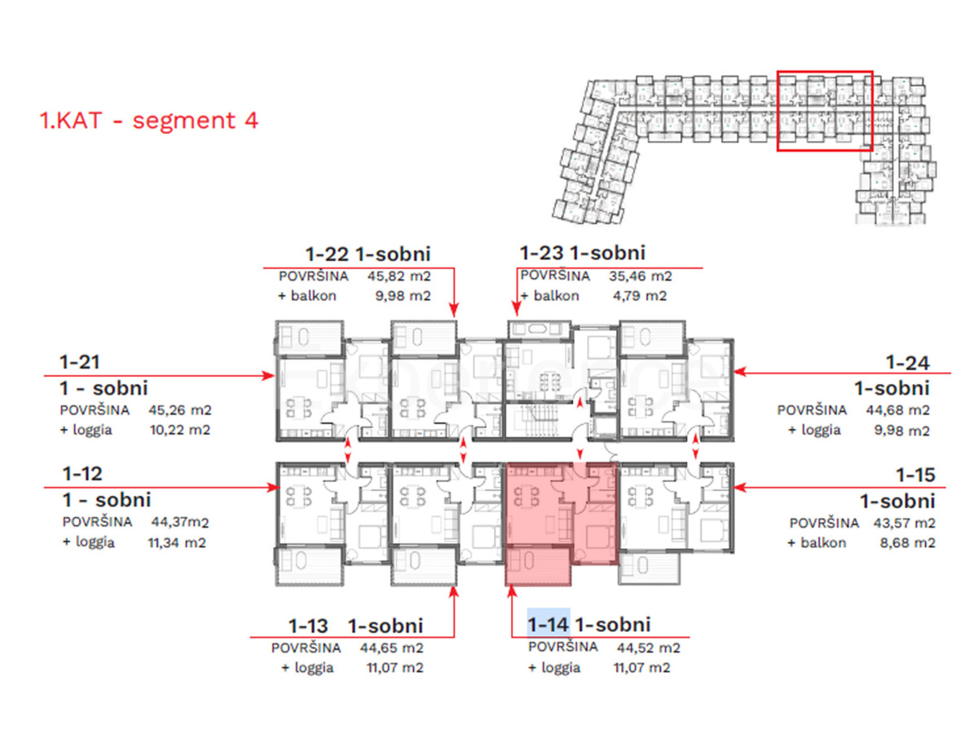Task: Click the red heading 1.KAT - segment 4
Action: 149,121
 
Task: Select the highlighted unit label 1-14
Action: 548,625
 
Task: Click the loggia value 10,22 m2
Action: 179,430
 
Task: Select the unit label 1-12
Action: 82,473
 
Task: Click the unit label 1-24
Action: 908,361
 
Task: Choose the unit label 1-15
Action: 915,474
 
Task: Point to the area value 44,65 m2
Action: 392,648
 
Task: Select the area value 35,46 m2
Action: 641,276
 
